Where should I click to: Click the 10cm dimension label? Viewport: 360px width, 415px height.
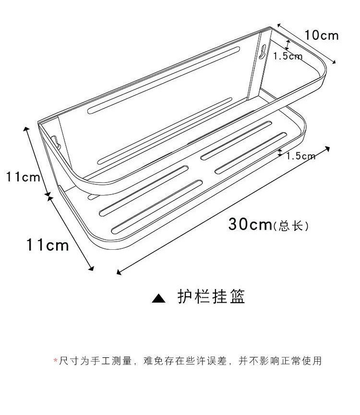point(322,35)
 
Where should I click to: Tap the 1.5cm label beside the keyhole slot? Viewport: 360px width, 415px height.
point(288,56)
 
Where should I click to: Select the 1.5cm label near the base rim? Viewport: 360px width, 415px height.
point(301,156)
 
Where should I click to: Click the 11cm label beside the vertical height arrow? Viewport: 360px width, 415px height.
point(23,177)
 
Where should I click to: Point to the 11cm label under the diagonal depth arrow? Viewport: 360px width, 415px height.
point(48,245)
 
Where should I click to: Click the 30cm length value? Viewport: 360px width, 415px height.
point(250,224)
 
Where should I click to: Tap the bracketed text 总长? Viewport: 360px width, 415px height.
point(290,225)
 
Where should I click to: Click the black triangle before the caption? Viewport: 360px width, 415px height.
point(159,298)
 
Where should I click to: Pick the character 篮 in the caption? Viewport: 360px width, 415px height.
point(237,297)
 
